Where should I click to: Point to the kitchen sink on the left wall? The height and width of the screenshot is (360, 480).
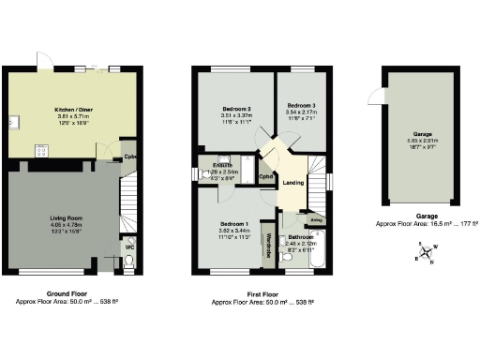point(11,122)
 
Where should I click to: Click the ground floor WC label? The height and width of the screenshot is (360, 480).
point(129,247)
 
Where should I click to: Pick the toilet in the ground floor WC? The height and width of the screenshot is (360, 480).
point(129,262)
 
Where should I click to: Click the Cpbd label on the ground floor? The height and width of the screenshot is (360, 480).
point(129,157)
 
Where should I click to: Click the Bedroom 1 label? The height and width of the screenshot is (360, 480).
point(232,225)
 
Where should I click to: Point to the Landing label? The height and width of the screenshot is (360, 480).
point(293,183)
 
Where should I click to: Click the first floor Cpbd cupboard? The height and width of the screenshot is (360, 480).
point(266,176)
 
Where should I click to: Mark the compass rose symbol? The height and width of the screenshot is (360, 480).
point(427,252)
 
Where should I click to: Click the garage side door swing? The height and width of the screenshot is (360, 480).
point(376,96)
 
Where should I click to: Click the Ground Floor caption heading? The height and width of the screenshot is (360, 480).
point(66,294)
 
